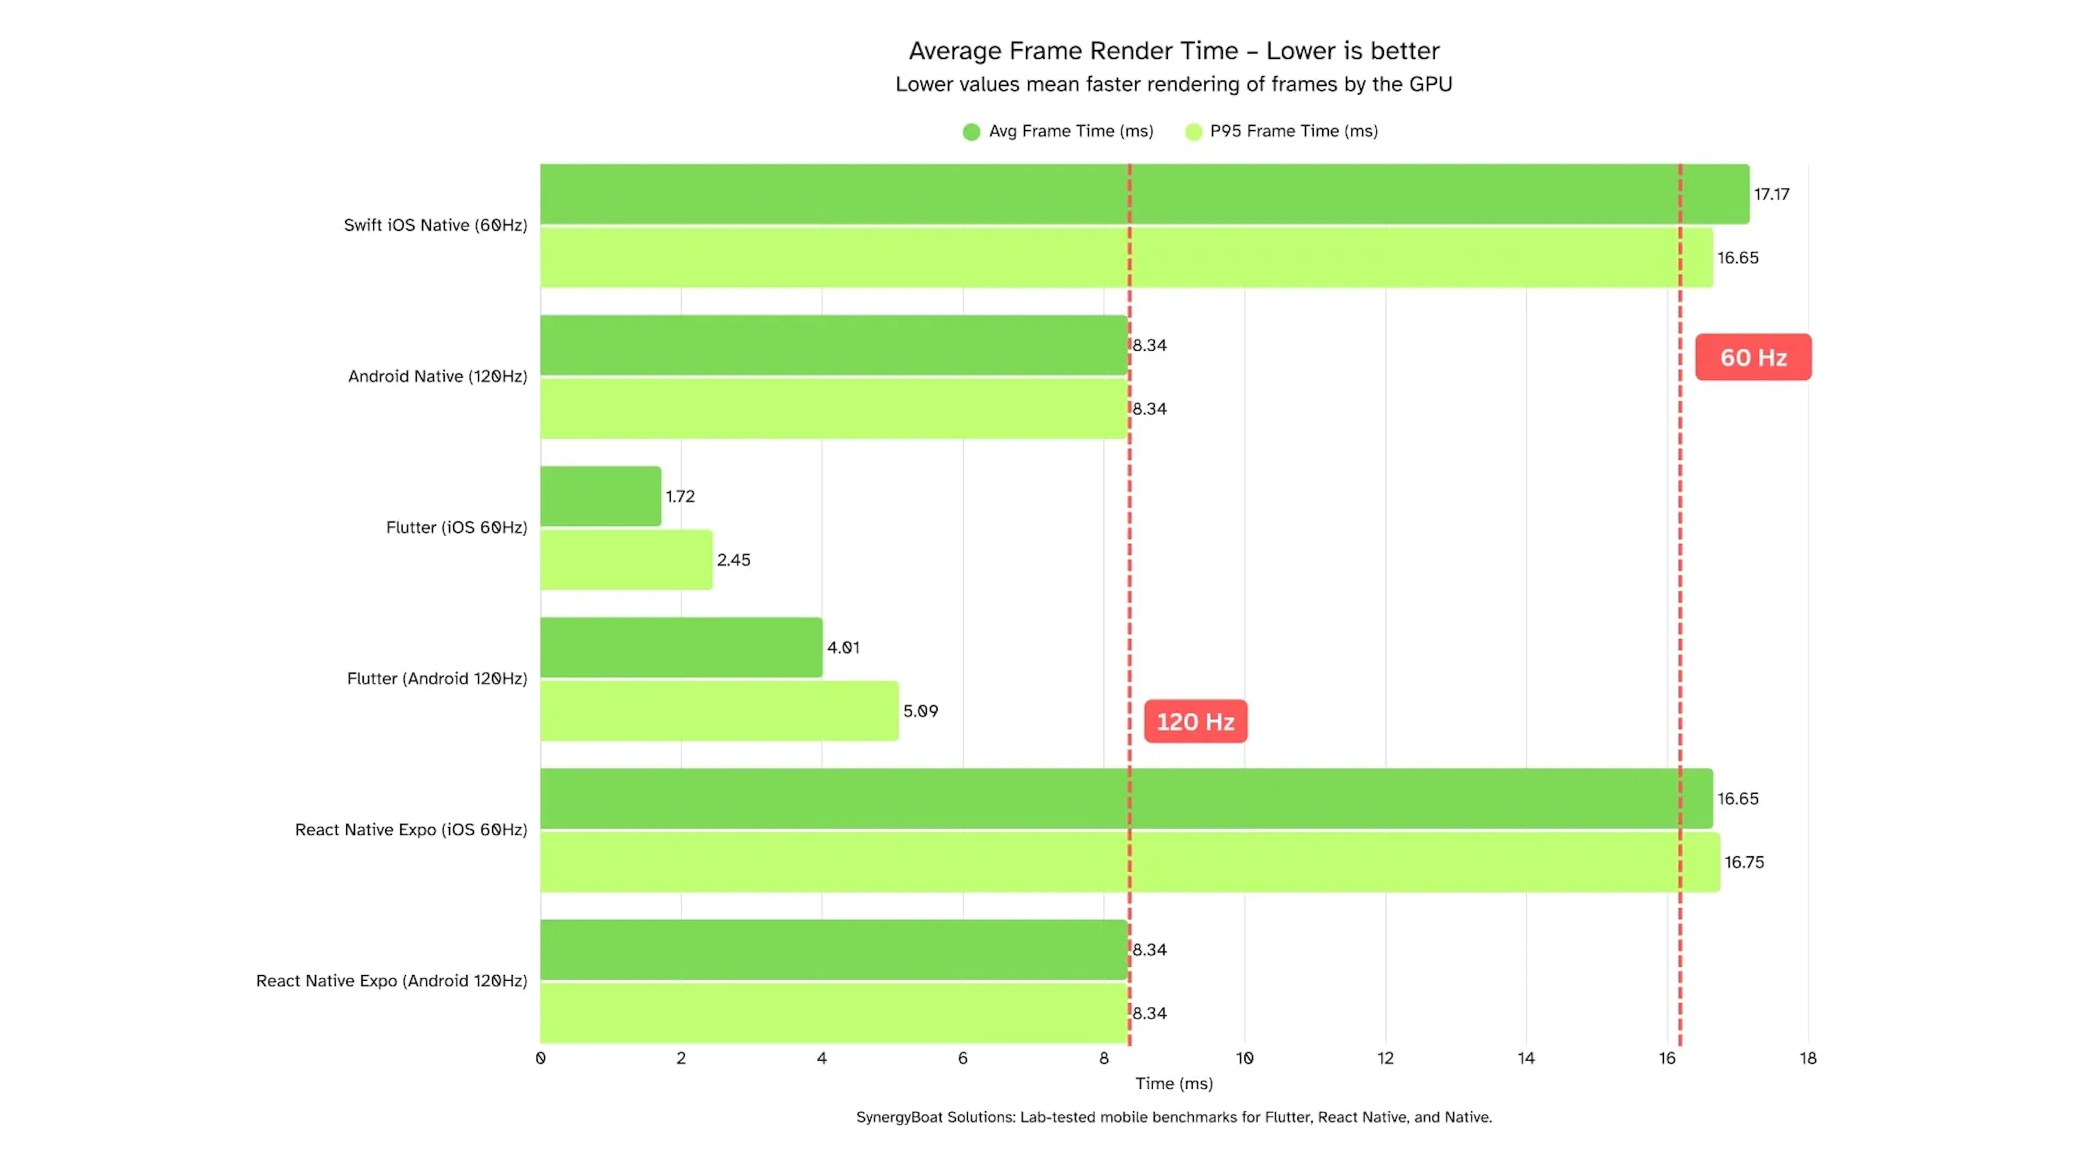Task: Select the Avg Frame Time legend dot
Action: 972,131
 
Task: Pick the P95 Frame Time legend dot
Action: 1193,131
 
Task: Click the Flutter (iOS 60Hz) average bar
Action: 600,496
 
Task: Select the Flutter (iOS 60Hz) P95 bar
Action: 626,560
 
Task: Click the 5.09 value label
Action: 920,711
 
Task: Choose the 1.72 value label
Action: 680,496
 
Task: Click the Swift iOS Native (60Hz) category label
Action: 435,225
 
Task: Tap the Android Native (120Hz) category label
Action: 437,376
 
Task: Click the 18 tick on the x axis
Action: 1808,1058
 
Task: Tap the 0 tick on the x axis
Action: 540,1058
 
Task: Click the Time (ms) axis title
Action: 1174,1083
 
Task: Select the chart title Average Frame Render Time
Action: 1174,51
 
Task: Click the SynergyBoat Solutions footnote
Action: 1174,1117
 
